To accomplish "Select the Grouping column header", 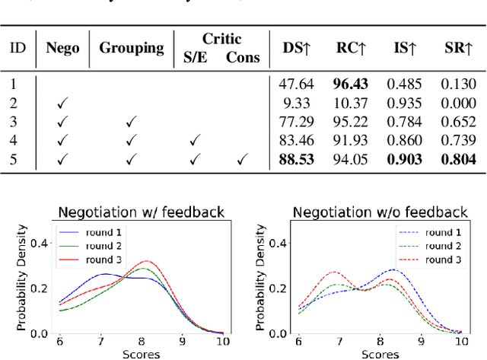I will point(132,47).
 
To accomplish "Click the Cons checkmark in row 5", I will point(242,158).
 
